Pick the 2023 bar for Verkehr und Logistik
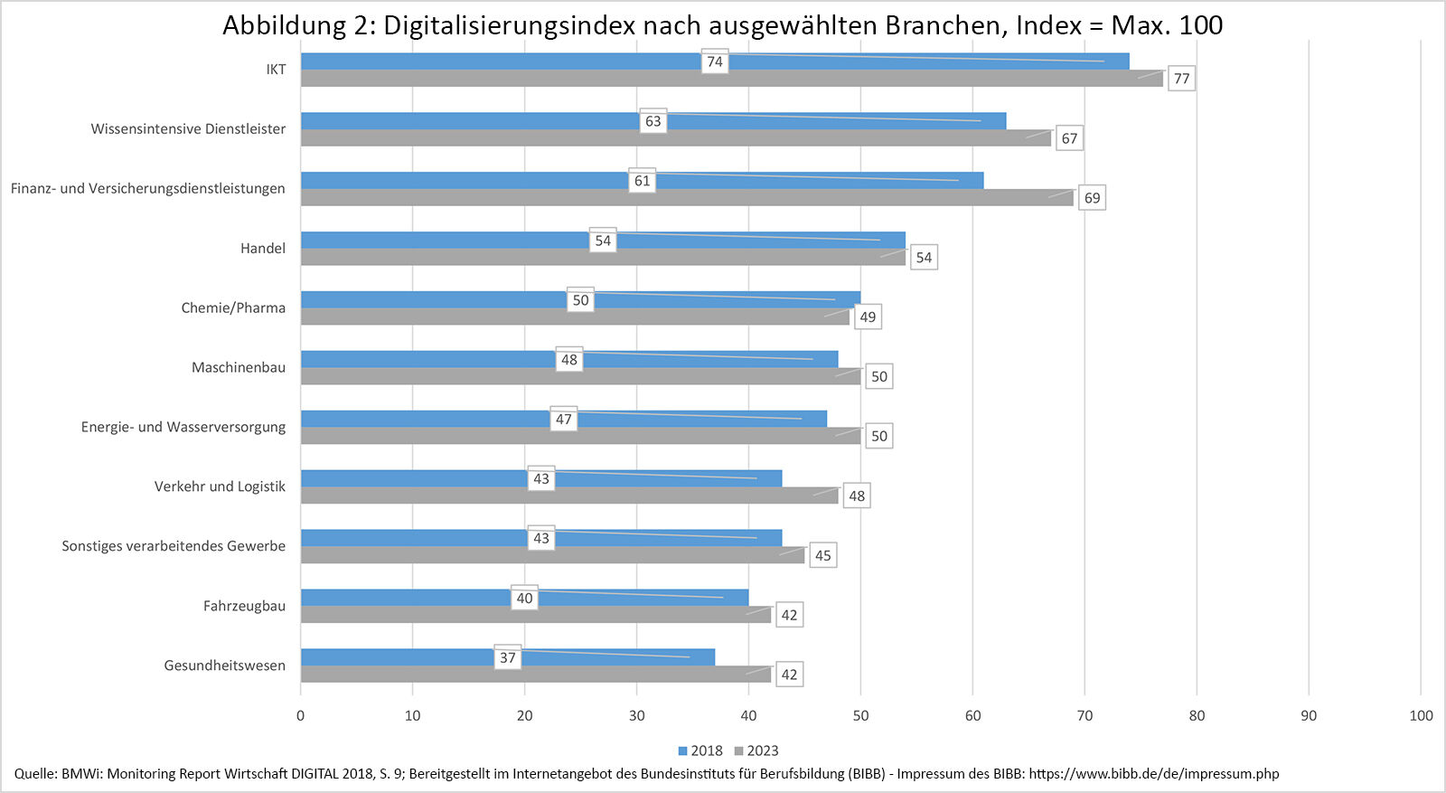pos(569,496)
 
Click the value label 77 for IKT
pos(1181,79)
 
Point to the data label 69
pos(1092,198)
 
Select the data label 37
pos(508,657)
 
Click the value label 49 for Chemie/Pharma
pos(868,317)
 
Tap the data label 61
pos(642,181)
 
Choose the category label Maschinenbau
pos(239,367)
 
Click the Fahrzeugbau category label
pos(244,606)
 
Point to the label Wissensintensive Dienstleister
pos(188,128)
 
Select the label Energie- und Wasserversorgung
pos(183,427)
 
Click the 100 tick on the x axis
pos(1421,715)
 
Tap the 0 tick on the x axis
pos(301,715)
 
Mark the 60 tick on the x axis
pos(972,715)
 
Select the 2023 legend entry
pos(756,751)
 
